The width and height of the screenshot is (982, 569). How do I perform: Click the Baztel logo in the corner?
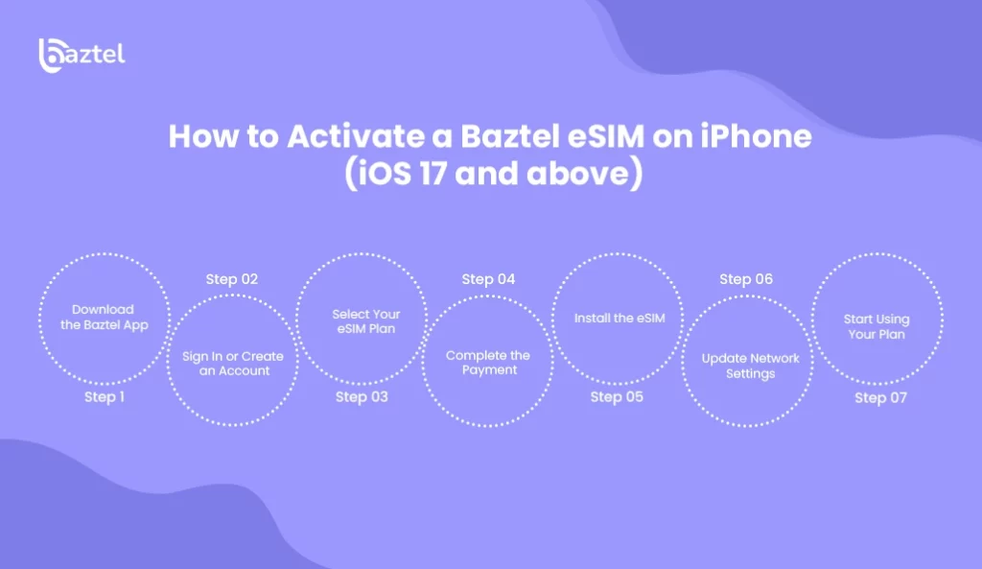[x=82, y=55]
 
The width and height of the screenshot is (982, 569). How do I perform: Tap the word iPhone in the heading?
[x=756, y=136]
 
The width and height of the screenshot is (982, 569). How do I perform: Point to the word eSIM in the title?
[x=606, y=136]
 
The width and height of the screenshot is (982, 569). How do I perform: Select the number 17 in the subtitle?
[x=433, y=173]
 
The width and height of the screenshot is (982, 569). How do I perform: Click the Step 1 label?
[x=105, y=397]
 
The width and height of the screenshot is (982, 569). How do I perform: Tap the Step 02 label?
[x=232, y=279]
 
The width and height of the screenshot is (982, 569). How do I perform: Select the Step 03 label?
[x=362, y=397]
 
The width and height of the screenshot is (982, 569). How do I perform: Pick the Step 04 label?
[x=488, y=279]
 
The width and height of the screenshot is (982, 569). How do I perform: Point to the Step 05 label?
[x=617, y=397]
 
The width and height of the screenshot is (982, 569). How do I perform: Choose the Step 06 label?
[x=746, y=279]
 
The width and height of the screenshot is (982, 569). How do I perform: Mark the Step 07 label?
[x=880, y=398]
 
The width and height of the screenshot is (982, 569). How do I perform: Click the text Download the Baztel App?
[x=104, y=317]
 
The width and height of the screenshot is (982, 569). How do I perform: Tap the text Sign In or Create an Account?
[x=233, y=364]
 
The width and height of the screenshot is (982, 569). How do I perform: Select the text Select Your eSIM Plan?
[x=365, y=321]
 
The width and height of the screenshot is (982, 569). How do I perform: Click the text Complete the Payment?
[x=488, y=362]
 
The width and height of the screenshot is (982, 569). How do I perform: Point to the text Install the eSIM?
[x=620, y=319]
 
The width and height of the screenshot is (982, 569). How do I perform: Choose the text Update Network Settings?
[x=750, y=366]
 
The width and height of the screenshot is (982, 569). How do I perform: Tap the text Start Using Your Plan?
[x=877, y=326]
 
